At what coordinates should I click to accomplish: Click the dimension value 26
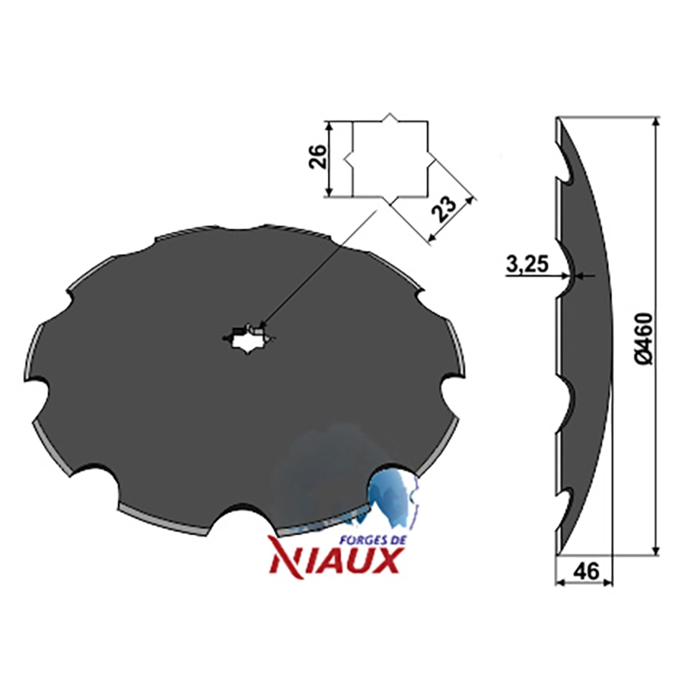(319, 156)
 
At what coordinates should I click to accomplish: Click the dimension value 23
(444, 209)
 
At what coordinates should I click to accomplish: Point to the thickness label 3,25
(527, 265)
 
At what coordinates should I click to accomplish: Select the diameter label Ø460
(644, 337)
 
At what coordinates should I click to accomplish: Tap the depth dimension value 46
(586, 571)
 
